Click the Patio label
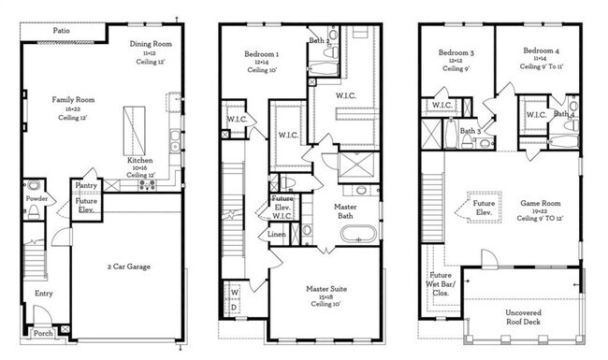click(x=62, y=31)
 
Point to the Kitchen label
click(x=139, y=161)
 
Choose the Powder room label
click(x=37, y=198)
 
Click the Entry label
click(x=43, y=293)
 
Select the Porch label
click(x=43, y=333)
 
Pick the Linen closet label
click(x=277, y=234)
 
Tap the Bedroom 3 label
click(x=457, y=52)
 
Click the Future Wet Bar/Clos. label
click(x=442, y=283)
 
